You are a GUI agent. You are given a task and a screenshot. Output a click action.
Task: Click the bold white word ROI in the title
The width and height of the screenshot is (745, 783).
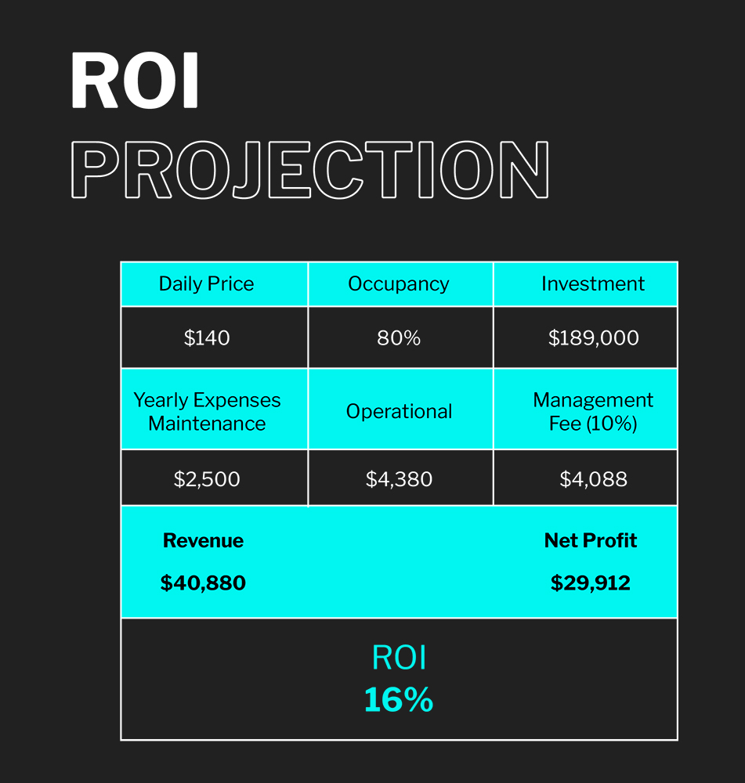[135, 81]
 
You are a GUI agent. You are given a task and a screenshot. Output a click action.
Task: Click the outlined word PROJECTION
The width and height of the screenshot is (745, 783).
[309, 170]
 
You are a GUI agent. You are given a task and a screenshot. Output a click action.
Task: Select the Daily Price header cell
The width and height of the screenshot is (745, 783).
[215, 283]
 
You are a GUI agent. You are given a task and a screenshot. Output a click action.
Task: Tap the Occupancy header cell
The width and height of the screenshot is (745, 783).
[401, 283]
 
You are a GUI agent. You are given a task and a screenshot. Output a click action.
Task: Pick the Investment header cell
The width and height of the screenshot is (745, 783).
[585, 283]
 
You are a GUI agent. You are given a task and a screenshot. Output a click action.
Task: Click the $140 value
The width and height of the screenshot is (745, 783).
[207, 338]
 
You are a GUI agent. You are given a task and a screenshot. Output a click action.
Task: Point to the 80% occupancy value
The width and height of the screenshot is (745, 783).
[399, 338]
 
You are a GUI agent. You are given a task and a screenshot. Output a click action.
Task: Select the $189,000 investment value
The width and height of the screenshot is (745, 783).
[594, 338]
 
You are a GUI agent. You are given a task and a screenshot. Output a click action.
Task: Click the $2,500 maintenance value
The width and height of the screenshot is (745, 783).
[207, 479]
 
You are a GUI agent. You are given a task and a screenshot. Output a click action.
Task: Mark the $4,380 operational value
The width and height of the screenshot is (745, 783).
[399, 479]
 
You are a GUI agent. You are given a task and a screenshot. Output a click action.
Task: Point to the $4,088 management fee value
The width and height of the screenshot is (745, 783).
[594, 479]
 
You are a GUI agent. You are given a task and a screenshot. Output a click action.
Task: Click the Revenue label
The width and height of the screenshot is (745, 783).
[204, 541]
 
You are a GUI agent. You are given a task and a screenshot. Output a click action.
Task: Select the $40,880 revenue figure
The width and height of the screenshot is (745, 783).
[203, 583]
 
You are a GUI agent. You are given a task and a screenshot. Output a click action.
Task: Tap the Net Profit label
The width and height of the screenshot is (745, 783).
[591, 541]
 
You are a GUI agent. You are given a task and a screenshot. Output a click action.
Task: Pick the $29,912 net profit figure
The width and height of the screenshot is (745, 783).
[591, 583]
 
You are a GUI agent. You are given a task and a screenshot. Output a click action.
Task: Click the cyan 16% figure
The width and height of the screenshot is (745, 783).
[399, 699]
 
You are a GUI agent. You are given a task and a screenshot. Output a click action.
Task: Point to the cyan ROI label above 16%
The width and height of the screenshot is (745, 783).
[400, 658]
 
